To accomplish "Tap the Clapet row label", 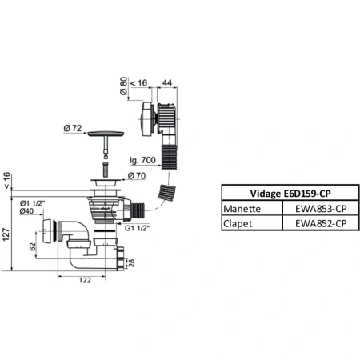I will pyautogui.click(x=238, y=223).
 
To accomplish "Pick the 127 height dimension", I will pyautogui.click(x=6, y=236).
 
